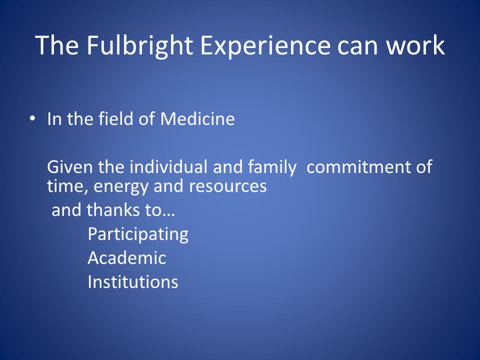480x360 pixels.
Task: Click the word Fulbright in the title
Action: (139, 46)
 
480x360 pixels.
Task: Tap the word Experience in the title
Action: (265, 46)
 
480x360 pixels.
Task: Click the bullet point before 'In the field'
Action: (32, 118)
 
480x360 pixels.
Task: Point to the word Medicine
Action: (197, 118)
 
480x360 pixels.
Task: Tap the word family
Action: (272, 168)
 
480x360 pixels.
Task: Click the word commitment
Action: (358, 167)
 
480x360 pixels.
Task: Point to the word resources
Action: (228, 186)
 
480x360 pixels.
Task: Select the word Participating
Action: (138, 235)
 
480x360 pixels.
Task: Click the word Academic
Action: (127, 258)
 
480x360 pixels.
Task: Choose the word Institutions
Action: (133, 281)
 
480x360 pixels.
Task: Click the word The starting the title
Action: (57, 45)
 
